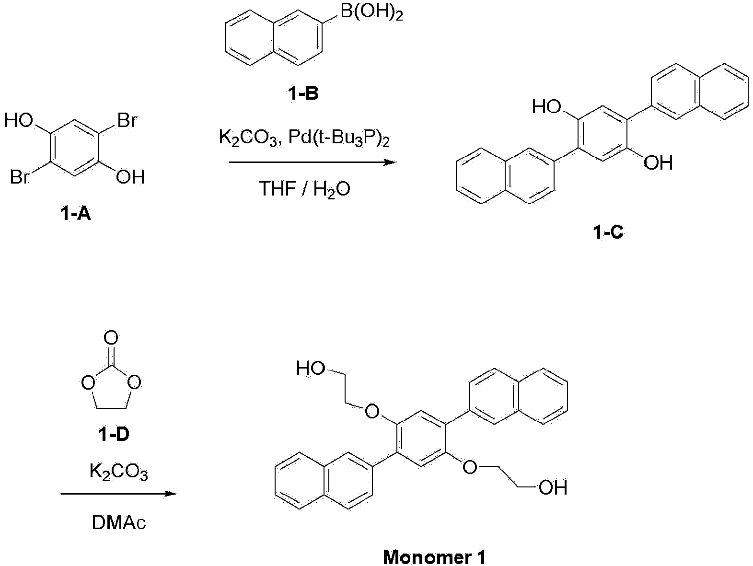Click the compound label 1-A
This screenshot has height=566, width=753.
click(x=76, y=214)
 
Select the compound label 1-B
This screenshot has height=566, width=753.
click(x=303, y=93)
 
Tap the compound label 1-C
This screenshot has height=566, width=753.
click(x=608, y=232)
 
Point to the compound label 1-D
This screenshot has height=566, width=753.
click(x=114, y=434)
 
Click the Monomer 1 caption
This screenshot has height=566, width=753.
click(x=434, y=557)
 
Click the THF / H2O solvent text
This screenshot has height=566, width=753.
click(x=304, y=189)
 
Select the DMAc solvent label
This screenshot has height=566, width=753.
click(x=119, y=523)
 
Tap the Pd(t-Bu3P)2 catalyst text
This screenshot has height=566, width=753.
click(x=339, y=138)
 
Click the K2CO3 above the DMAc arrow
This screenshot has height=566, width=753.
click(x=119, y=472)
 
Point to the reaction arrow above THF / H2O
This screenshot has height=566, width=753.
click(x=313, y=162)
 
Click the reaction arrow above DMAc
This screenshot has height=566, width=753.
click(x=119, y=494)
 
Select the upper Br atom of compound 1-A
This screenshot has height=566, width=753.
click(x=127, y=121)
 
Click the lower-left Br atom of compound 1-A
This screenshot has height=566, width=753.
click(x=20, y=177)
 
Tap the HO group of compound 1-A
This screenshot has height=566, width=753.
click(x=19, y=121)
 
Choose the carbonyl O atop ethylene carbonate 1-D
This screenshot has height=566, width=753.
click(x=111, y=338)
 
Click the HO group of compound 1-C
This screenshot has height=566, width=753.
click(x=546, y=107)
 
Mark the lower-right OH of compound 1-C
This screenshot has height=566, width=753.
click(x=658, y=162)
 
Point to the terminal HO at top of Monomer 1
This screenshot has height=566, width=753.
click(x=311, y=368)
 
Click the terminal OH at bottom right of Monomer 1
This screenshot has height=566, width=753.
click(x=553, y=487)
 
